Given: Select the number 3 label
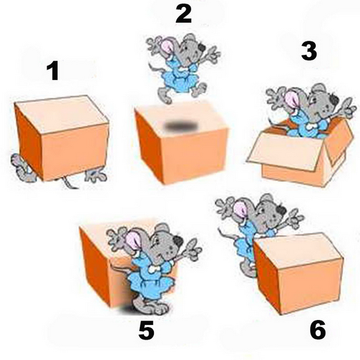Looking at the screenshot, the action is tap(309, 51).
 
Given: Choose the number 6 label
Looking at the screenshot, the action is tap(318, 330).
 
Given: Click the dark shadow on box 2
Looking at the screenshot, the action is tap(180, 127).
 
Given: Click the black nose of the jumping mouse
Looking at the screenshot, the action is tap(202, 48).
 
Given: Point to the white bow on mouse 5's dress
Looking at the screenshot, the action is tap(154, 269).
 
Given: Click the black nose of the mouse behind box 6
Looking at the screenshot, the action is tap(281, 210).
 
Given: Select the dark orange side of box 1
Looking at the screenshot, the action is tap(29, 141).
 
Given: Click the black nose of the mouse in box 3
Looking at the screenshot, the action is tap(334, 101).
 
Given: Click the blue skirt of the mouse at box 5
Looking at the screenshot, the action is tap(151, 285).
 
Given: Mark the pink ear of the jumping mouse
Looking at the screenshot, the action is tap(167, 48).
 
